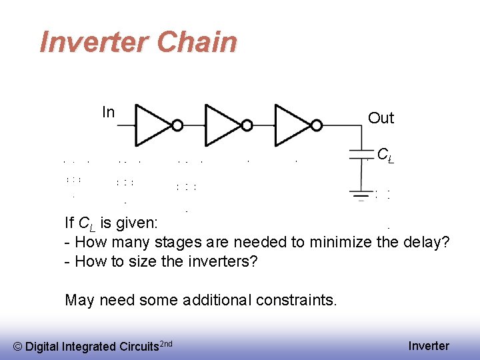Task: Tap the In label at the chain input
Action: [108, 112]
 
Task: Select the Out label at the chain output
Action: [381, 118]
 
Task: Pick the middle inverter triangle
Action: [223, 123]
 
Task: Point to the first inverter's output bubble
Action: [177, 124]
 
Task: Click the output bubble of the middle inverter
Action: [247, 124]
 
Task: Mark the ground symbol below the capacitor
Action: [361, 195]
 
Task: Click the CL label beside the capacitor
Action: [384, 155]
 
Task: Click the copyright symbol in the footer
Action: [18, 346]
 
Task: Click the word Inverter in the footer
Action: [429, 345]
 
